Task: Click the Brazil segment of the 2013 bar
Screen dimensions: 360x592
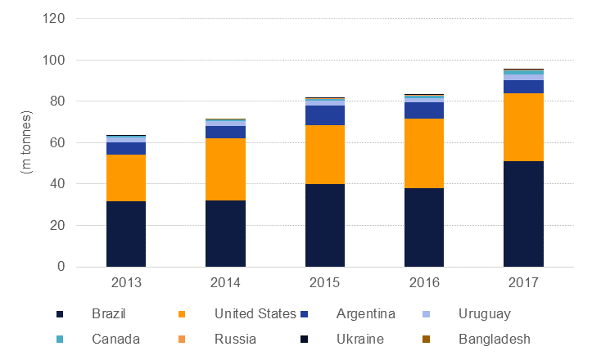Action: click(x=126, y=233)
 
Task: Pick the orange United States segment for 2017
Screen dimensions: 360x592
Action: click(x=523, y=127)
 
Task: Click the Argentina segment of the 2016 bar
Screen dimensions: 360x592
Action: click(x=424, y=110)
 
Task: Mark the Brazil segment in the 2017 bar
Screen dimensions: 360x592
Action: click(x=523, y=214)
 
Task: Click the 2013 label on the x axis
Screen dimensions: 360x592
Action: click(x=126, y=282)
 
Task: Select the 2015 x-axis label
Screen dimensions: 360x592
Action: click(x=325, y=282)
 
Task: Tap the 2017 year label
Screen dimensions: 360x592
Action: click(x=523, y=282)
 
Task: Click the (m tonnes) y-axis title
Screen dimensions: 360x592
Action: click(x=23, y=142)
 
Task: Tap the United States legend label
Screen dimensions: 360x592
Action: click(x=255, y=314)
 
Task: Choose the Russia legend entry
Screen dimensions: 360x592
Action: click(x=234, y=339)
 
